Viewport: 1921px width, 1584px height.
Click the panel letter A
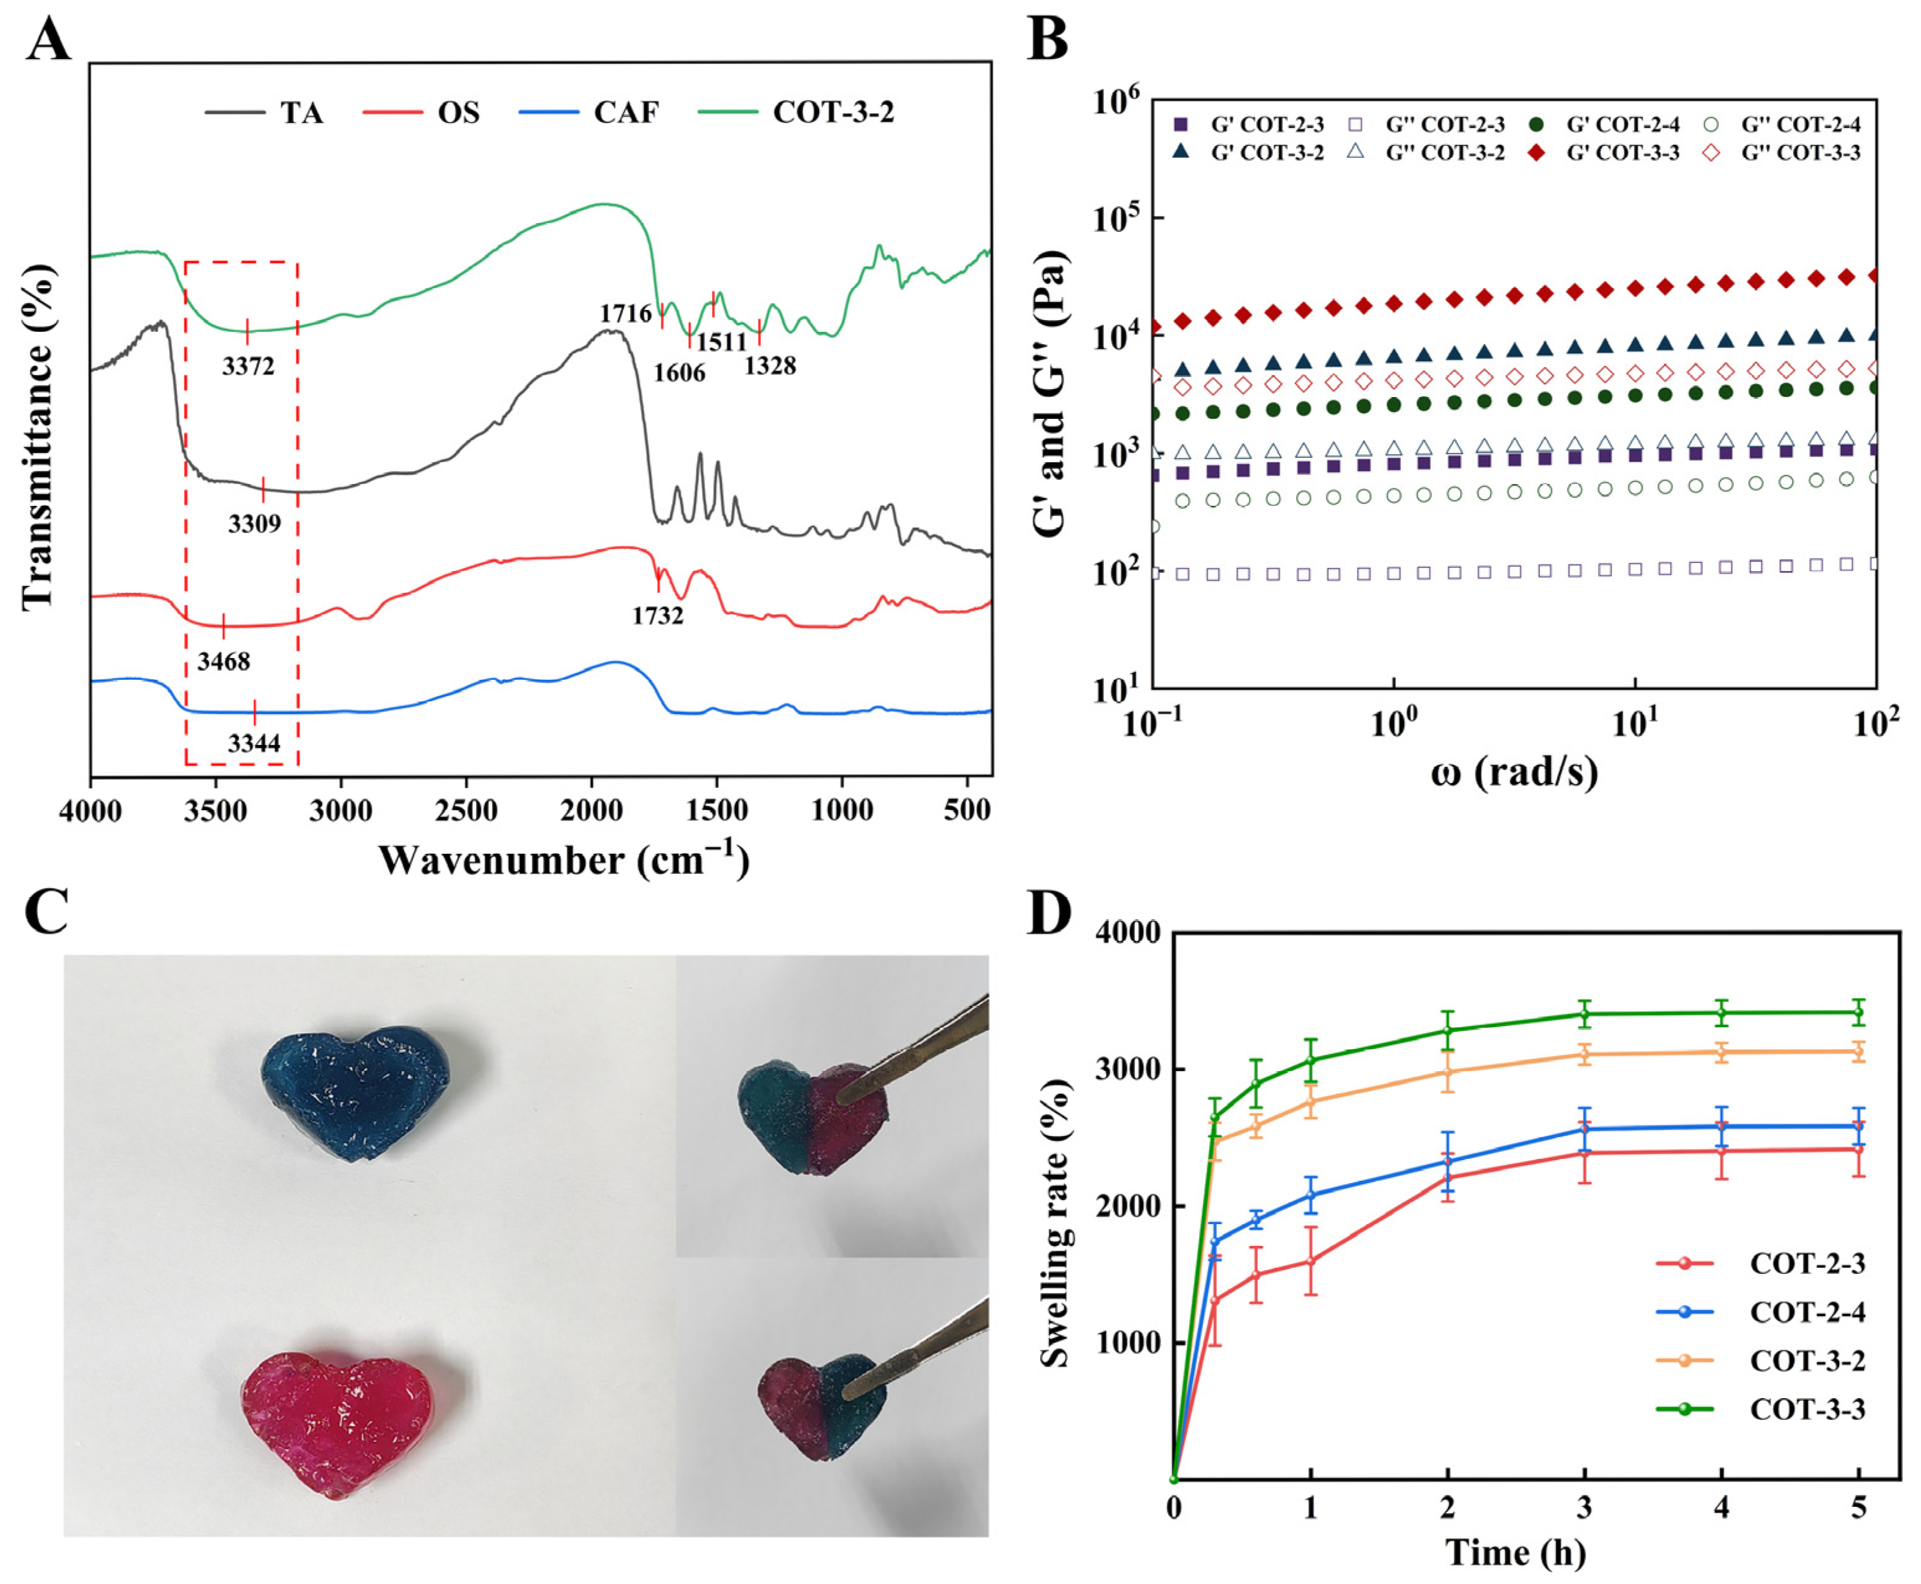(x=47, y=40)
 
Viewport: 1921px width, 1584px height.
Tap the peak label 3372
(x=248, y=366)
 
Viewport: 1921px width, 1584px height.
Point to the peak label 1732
(x=658, y=615)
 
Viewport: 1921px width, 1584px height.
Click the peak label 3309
(x=255, y=524)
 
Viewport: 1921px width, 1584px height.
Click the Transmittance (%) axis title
(x=39, y=436)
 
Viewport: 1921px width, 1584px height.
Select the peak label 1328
(x=770, y=366)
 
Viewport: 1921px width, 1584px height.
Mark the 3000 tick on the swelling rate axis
(x=1131, y=1069)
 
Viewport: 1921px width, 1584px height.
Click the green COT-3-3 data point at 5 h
(x=1858, y=1013)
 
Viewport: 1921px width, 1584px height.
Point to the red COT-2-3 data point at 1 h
(x=1311, y=1261)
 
